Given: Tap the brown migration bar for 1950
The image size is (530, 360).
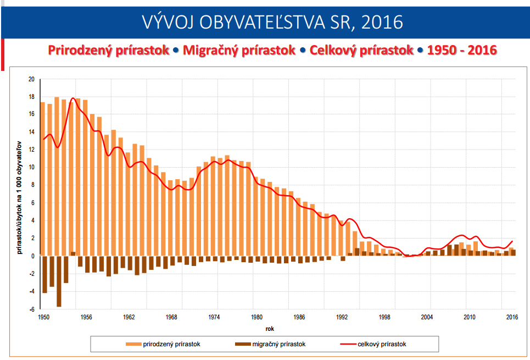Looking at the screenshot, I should [44, 274].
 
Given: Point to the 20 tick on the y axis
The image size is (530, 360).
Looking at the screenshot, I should [31, 79].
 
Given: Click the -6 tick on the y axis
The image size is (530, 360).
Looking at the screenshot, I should [31, 309].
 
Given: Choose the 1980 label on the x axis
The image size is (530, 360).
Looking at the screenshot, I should [256, 317].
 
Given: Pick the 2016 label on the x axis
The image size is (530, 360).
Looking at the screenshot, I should [512, 317].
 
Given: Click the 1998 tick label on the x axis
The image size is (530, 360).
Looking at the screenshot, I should [384, 317].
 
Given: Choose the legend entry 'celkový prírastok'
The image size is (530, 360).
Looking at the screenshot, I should [382, 344].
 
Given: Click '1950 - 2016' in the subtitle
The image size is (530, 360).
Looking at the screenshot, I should [461, 50].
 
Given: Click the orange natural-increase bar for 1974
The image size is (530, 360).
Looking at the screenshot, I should [213, 206].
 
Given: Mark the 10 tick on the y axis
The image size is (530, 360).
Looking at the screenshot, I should [31, 168].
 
